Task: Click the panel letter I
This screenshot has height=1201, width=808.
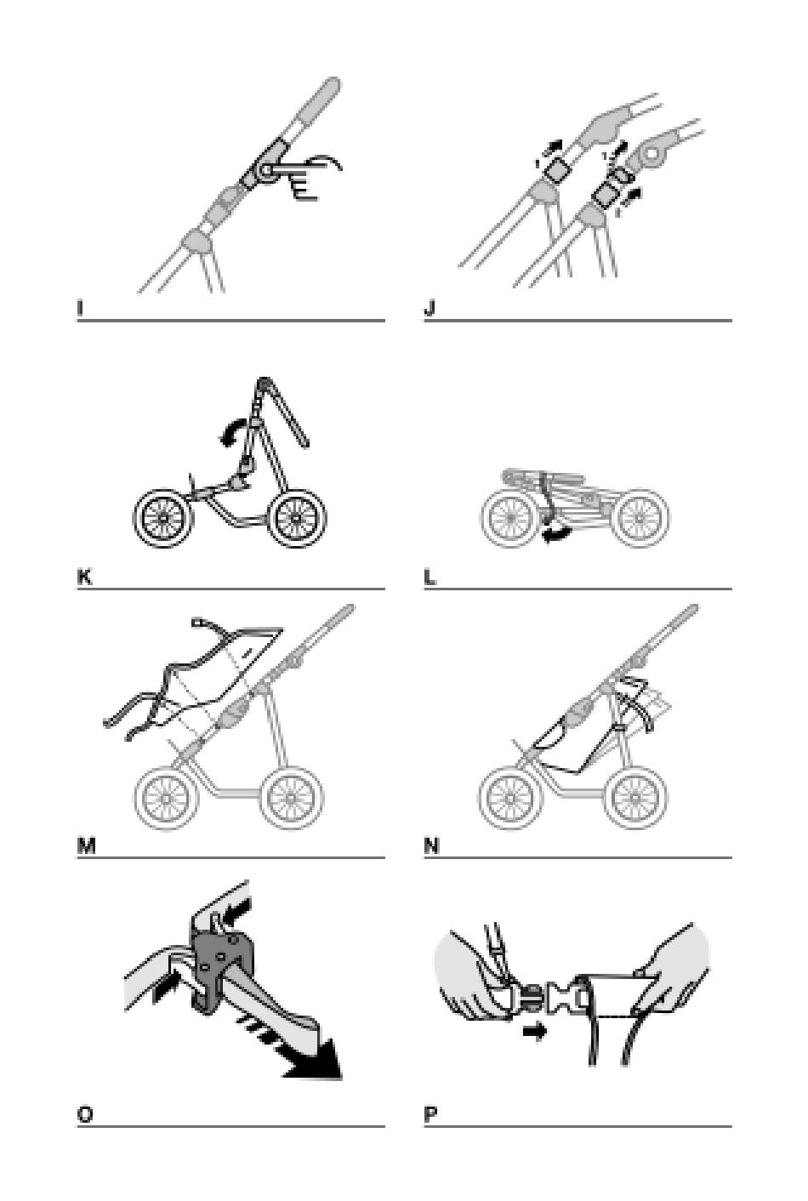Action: [80, 309]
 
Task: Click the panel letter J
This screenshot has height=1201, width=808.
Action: [429, 309]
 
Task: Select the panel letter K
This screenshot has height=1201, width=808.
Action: [83, 578]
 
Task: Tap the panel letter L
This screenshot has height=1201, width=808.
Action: [430, 578]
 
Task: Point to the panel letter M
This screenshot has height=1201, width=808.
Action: [85, 846]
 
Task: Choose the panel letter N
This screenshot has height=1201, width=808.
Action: [431, 846]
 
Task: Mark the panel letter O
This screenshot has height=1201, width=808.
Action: [84, 1115]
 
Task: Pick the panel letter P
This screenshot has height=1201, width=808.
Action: [430, 1115]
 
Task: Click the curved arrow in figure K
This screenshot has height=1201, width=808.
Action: [229, 435]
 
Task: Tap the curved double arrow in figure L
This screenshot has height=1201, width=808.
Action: [557, 534]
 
